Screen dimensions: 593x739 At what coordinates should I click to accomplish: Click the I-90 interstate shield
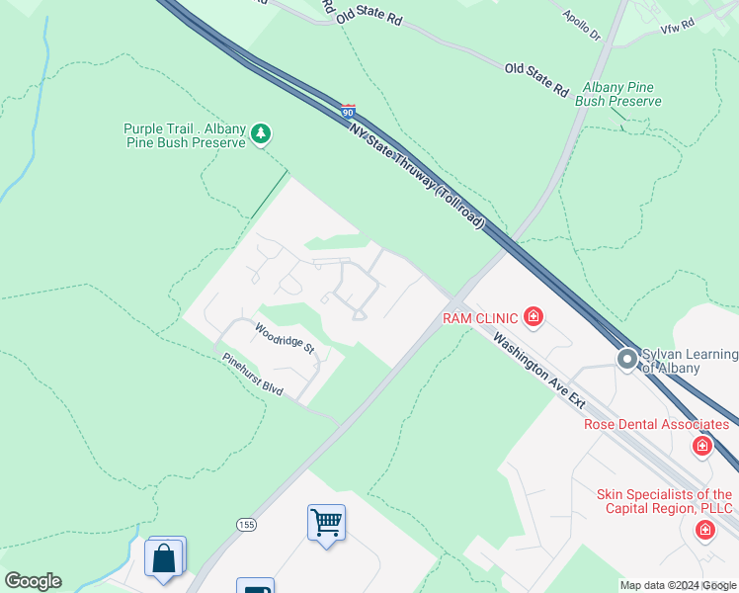click(348, 113)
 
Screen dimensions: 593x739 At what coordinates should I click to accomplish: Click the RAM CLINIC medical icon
click(534, 317)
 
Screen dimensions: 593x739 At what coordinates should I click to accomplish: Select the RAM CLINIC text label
click(479, 317)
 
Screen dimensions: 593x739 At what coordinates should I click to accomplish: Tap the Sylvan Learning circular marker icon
click(627, 360)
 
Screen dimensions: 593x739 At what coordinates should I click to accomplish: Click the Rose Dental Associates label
click(657, 424)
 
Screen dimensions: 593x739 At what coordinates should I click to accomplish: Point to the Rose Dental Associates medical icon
click(702, 446)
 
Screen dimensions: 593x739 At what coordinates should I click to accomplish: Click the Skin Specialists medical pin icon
click(705, 531)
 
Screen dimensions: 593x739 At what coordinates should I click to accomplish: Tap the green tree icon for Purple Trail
click(261, 132)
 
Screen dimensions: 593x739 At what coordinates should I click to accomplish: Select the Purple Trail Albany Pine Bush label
click(184, 135)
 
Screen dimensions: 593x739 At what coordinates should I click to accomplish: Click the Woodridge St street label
click(285, 339)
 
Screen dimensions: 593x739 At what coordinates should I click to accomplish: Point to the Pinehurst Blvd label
click(253, 376)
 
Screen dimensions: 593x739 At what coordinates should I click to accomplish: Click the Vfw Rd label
click(678, 21)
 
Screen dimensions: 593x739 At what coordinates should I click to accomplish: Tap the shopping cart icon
click(326, 521)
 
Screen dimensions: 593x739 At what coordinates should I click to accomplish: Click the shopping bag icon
click(164, 557)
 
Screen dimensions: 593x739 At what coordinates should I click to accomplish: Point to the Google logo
click(33, 581)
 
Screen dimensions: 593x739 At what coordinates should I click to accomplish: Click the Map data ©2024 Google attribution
click(679, 585)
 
